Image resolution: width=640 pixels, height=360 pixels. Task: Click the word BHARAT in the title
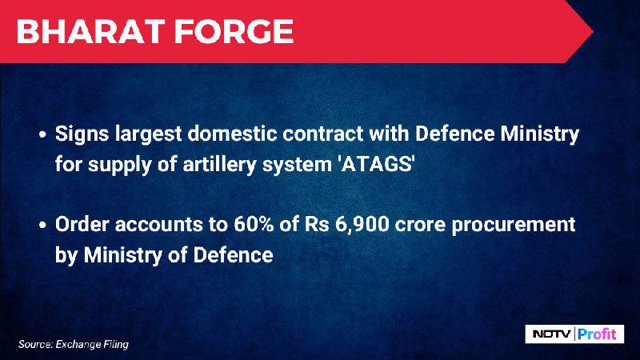(90, 31)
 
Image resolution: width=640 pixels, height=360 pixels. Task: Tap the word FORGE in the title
(234, 31)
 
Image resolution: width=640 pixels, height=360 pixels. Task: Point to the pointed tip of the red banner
(593, 31)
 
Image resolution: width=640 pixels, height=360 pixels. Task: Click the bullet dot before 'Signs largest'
(43, 134)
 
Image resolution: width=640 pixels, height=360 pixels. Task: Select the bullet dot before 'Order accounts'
(43, 226)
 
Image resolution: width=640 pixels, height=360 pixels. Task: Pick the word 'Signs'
(82, 134)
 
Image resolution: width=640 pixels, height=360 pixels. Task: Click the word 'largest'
(149, 134)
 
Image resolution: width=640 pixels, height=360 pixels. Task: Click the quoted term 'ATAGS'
(376, 164)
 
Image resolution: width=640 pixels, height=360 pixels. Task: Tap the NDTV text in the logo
(552, 334)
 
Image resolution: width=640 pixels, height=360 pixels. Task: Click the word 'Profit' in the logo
(597, 334)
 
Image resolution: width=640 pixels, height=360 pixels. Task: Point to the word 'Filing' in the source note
(116, 345)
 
